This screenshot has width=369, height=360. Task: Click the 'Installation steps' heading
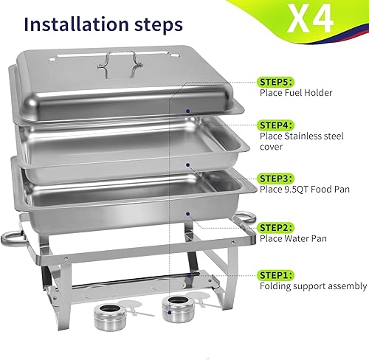103,24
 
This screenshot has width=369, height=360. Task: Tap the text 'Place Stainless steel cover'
303,142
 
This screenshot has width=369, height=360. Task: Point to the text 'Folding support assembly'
312,286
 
